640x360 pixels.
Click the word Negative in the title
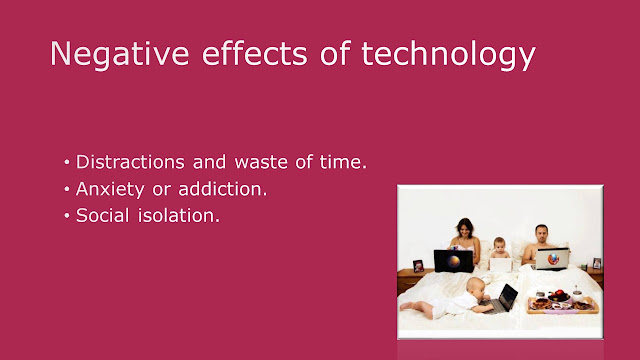(120, 53)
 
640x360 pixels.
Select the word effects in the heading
(255, 53)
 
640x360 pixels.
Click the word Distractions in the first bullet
(130, 162)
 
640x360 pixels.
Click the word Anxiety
(110, 190)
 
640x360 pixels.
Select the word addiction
(222, 189)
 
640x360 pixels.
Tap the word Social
(102, 216)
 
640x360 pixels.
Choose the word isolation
(179, 216)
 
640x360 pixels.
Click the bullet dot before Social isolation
(67, 216)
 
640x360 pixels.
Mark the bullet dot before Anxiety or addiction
(67, 189)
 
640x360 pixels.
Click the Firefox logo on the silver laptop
(553, 259)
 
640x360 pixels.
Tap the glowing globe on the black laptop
(454, 261)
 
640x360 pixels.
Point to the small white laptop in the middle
(500, 265)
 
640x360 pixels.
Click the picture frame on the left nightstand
(418, 266)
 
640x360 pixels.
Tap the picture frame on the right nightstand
(597, 263)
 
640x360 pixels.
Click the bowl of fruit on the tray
(558, 296)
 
